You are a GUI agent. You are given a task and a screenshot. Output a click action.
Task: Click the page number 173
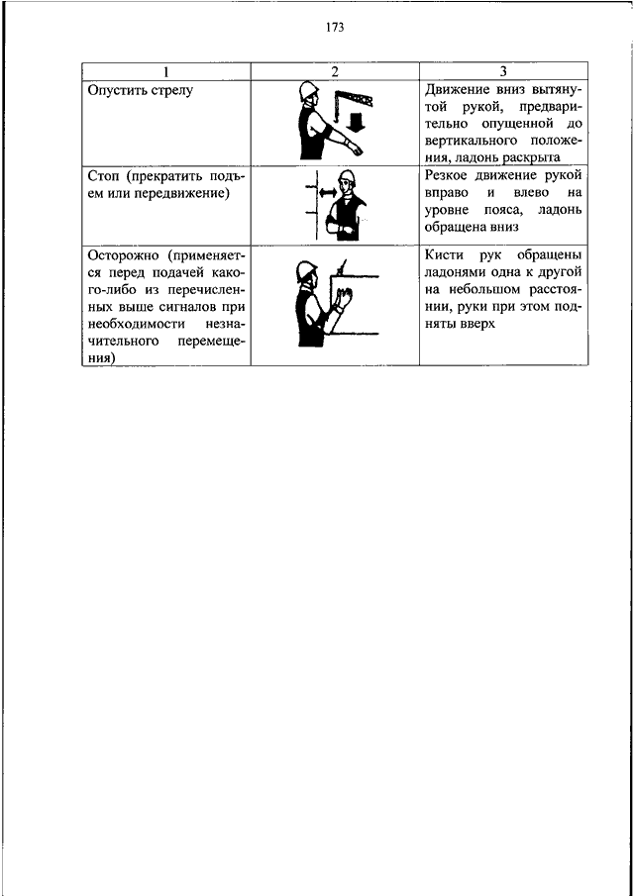(x=334, y=28)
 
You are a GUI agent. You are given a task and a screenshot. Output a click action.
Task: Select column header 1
(x=165, y=71)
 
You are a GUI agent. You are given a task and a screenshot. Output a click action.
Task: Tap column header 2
(x=335, y=71)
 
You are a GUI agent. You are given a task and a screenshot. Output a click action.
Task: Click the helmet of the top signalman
(x=309, y=90)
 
